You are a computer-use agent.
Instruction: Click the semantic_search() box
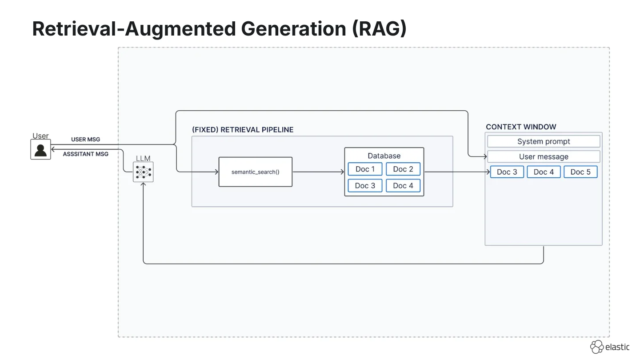(x=256, y=172)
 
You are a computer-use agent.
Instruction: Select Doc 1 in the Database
(x=365, y=169)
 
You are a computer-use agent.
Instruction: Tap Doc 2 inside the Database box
(x=403, y=169)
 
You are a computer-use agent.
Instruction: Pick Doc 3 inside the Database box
(x=365, y=186)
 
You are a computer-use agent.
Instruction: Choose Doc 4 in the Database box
(x=403, y=186)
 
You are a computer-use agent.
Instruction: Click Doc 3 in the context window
(x=507, y=172)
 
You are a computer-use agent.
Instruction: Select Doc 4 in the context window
(x=544, y=172)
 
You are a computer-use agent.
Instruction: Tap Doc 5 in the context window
(x=580, y=172)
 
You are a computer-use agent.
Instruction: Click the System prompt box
(x=544, y=141)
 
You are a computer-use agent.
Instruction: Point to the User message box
(x=544, y=156)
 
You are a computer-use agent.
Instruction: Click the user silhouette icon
(x=40, y=149)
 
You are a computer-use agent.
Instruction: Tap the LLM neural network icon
(x=143, y=172)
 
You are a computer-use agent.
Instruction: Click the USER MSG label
(x=86, y=140)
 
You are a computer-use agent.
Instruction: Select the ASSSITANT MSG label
(x=86, y=154)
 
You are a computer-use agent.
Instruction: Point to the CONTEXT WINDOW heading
(x=521, y=127)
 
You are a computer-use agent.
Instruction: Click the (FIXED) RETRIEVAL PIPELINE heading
(x=243, y=130)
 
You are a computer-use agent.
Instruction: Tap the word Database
(x=384, y=156)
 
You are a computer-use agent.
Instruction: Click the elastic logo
(x=610, y=347)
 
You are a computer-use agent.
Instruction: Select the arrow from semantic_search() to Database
(x=319, y=172)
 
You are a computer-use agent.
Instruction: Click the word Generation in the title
(x=293, y=28)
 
